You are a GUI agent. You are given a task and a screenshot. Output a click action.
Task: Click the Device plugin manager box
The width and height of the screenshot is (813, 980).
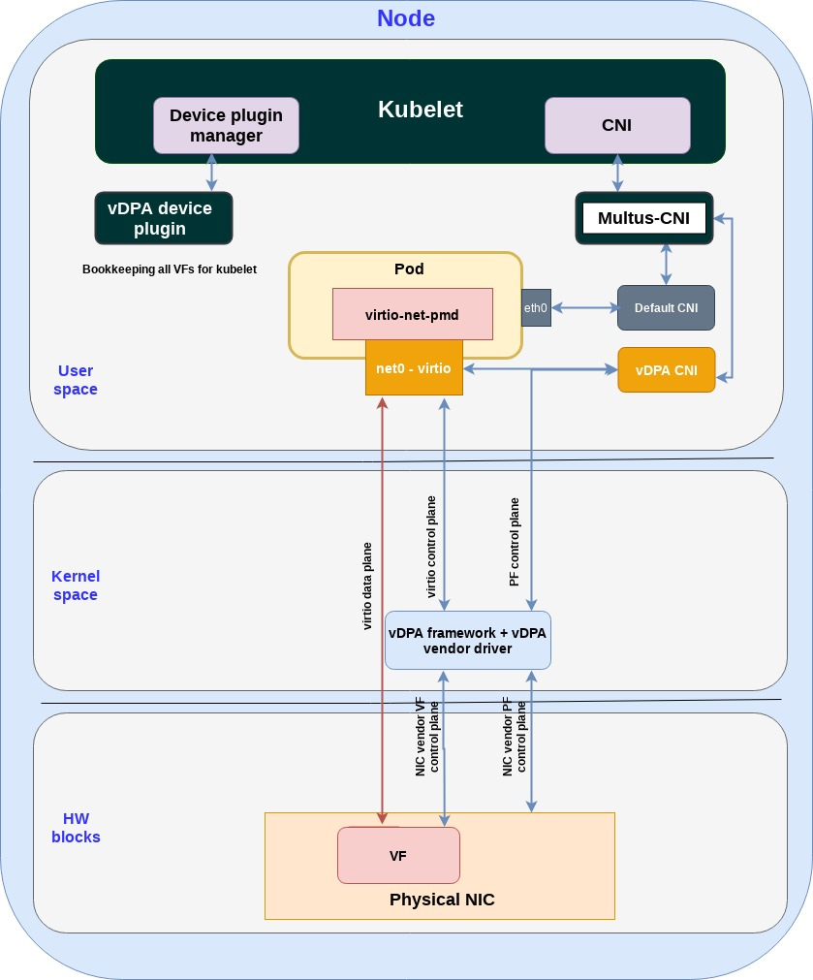(226, 125)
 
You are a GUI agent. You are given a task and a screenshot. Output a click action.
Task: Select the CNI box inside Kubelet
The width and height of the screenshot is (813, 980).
(617, 125)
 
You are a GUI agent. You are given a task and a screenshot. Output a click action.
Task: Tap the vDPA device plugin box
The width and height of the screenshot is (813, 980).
(163, 218)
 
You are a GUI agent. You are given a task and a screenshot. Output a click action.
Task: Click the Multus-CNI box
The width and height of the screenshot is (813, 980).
(643, 218)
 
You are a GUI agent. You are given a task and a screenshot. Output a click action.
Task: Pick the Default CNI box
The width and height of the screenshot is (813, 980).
(666, 308)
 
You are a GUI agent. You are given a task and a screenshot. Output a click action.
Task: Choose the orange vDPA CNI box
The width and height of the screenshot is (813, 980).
(666, 369)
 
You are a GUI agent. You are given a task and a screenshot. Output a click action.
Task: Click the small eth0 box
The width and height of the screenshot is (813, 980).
(536, 308)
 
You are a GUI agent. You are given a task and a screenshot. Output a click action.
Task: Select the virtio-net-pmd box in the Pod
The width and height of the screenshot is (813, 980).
(412, 313)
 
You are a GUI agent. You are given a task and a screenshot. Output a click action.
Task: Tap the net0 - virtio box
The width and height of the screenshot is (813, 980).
(414, 367)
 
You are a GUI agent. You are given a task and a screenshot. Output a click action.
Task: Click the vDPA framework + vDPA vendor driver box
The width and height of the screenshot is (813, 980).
(467, 640)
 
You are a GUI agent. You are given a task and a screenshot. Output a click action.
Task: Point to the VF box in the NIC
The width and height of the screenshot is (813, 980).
(397, 856)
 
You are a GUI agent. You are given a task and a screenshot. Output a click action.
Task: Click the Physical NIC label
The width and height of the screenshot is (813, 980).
(442, 900)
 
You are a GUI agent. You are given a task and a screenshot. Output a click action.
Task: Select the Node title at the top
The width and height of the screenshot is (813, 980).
(406, 18)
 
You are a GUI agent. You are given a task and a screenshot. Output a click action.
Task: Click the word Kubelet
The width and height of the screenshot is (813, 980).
(421, 110)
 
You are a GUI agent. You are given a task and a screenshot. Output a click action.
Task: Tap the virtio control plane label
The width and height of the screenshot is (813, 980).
(432, 548)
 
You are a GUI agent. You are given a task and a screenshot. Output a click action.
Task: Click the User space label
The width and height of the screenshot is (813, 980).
(77, 380)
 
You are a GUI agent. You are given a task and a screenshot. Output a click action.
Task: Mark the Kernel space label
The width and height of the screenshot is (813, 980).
(76, 585)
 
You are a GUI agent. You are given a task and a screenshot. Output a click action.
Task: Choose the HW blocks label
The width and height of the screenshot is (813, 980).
(76, 827)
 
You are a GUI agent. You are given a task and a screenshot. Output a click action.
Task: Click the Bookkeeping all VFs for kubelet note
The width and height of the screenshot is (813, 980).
(170, 269)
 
